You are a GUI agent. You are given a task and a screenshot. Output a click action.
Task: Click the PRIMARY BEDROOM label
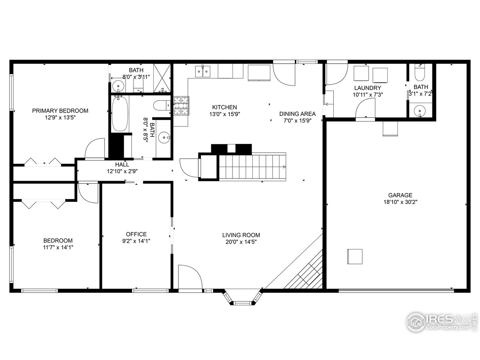coord(60,111)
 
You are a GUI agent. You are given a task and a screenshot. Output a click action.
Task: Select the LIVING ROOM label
coord(241,235)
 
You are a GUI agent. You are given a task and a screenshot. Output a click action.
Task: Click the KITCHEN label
coord(224,107)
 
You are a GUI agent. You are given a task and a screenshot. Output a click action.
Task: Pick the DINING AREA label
coord(297,114)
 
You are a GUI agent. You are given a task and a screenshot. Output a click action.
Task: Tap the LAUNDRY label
coord(367,88)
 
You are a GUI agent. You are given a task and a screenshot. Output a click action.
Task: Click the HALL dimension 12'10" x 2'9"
coord(122,171)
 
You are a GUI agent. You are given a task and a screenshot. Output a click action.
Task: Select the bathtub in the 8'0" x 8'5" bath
coord(120,113)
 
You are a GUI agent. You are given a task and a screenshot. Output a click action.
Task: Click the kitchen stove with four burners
coord(181,106)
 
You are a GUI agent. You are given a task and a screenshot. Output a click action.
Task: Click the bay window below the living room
coord(242,297)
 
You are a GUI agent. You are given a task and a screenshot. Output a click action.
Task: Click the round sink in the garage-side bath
coord(420,111)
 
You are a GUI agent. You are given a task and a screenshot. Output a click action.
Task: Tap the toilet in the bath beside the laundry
coord(420,73)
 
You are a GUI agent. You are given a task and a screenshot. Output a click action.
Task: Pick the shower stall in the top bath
coord(162,78)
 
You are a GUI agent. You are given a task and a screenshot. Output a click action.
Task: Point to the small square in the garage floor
coord(354,257)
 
